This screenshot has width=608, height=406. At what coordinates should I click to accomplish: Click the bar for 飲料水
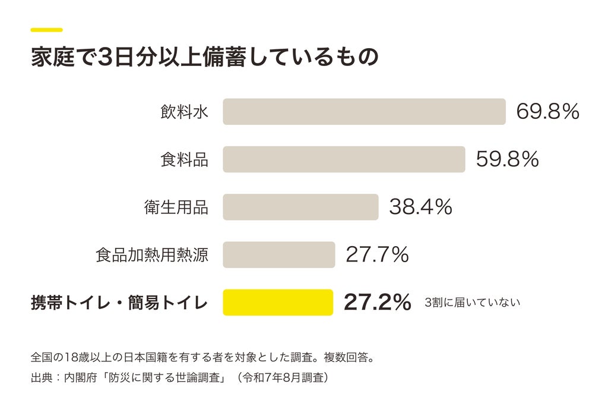364,112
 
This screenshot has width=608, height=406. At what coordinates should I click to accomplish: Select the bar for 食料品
344,159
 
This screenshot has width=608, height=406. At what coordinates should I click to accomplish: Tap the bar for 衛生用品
300,207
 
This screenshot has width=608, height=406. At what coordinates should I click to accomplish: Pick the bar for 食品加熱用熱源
279,254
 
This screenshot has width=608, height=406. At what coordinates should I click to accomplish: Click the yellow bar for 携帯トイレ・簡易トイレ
278,303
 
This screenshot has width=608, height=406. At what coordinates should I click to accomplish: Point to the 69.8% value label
547,112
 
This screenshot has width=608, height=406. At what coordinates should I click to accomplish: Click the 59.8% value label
507,159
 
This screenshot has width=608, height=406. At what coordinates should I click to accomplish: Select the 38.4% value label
420,207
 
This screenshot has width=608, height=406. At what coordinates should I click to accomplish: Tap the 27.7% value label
377,254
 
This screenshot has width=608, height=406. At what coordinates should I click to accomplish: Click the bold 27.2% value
377,303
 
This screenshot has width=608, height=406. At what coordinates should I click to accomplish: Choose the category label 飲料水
185,112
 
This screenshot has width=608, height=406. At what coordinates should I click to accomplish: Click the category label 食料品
185,160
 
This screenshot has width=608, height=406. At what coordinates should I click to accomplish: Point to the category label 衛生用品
176,207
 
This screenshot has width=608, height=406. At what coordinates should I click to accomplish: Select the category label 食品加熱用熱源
152,255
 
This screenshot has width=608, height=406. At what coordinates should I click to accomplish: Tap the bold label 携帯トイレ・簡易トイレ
119,303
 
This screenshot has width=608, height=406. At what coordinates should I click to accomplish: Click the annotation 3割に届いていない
472,303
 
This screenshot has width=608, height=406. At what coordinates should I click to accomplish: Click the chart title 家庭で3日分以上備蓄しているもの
205,57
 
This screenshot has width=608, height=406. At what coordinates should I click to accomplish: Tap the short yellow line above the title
46,30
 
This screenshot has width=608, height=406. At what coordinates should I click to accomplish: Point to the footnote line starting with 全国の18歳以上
203,357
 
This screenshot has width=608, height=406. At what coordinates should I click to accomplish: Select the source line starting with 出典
180,377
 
